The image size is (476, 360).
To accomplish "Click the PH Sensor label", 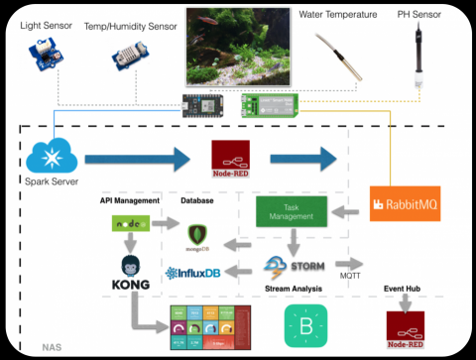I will pyautogui.click(x=431, y=15).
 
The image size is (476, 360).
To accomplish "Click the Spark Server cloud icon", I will pyautogui.click(x=49, y=155).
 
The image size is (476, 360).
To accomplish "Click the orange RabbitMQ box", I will pyautogui.click(x=403, y=204).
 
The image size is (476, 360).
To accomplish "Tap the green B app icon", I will pyautogui.click(x=303, y=323).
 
